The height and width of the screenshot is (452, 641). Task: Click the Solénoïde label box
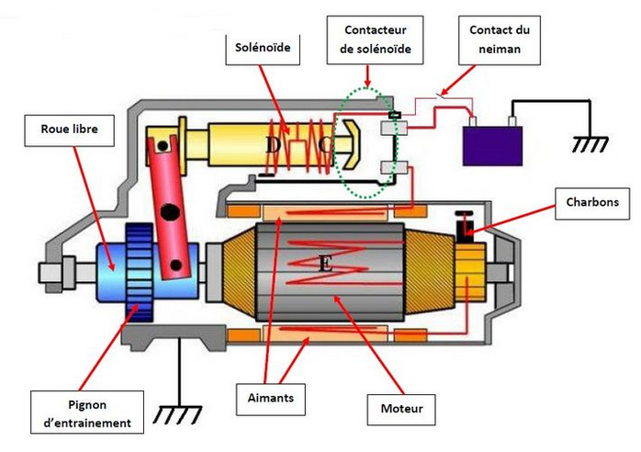(263, 49)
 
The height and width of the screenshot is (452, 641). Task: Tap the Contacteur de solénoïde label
(375, 40)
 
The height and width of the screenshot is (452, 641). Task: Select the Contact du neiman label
(500, 40)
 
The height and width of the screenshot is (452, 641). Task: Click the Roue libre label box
(69, 130)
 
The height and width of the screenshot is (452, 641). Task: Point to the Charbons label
(592, 203)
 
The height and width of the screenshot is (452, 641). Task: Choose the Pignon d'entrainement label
(87, 412)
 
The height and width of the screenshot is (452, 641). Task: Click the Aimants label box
(271, 400)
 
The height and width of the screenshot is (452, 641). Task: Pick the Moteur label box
(401, 410)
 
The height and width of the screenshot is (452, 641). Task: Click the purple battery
(492, 146)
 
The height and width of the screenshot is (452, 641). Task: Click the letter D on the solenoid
(273, 144)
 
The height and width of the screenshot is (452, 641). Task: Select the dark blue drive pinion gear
(140, 272)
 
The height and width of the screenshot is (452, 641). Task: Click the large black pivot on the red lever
(170, 212)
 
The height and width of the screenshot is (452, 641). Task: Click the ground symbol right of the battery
(590, 145)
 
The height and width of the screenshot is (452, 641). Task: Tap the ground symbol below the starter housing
(178, 414)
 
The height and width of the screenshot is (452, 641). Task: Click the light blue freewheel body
(111, 272)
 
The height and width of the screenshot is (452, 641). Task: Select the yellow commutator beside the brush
(470, 272)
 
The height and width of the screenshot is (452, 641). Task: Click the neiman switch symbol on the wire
(442, 96)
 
